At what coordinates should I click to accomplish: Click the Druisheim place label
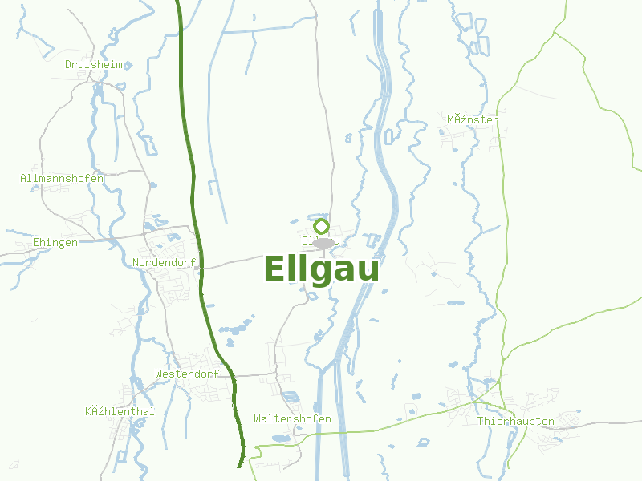[94, 64]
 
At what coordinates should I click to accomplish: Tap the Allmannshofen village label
[62, 179]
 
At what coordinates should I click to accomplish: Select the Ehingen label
[55, 243]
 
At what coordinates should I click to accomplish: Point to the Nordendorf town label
[164, 262]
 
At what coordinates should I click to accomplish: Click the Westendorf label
[187, 374]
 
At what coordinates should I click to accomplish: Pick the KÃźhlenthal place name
[120, 412]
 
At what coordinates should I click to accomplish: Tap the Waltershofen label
[292, 419]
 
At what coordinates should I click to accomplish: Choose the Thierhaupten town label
[515, 421]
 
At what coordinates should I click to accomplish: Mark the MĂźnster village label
[473, 120]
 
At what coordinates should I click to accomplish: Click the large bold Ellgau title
[321, 270]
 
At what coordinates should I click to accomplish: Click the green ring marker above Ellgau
[322, 226]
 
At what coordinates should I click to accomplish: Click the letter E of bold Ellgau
[274, 269]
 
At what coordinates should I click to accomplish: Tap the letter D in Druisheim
[69, 64]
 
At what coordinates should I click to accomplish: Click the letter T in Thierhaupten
[481, 421]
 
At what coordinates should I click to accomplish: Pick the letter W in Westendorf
[159, 374]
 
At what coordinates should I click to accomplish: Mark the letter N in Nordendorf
[136, 262]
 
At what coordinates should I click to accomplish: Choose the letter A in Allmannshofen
[24, 179]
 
